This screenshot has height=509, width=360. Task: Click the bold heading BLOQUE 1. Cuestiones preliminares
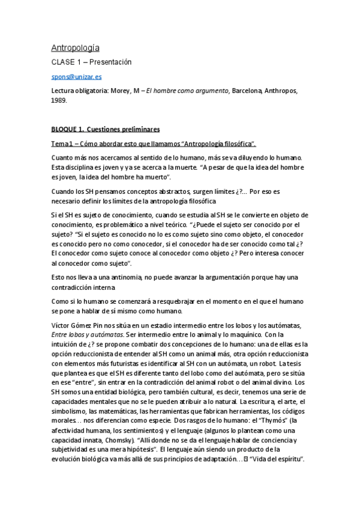coord(105,129)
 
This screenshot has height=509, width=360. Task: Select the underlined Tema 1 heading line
coord(154,143)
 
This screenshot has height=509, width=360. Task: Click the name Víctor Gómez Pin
coord(74,325)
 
